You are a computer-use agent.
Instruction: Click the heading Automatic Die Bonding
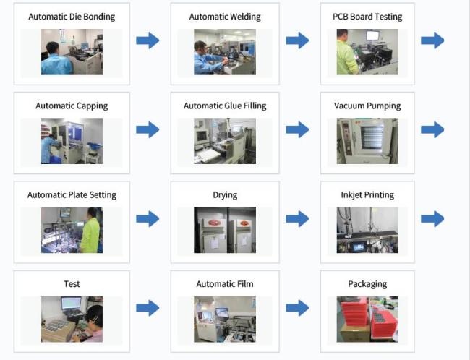pyautogui.click(x=72, y=17)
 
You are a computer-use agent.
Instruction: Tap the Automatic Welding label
pyautogui.click(x=225, y=17)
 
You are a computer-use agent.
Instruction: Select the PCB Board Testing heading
pyautogui.click(x=367, y=17)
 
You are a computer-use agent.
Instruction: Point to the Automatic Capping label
pyautogui.click(x=72, y=106)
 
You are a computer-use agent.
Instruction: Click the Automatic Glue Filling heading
pyautogui.click(x=225, y=106)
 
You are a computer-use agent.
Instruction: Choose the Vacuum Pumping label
pyautogui.click(x=367, y=106)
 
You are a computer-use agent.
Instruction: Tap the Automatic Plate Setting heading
pyautogui.click(x=72, y=194)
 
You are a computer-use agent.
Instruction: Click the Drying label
pyautogui.click(x=225, y=194)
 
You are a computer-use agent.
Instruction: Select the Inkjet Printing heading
pyautogui.click(x=367, y=194)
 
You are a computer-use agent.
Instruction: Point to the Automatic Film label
pyautogui.click(x=225, y=284)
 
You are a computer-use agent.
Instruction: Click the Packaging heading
pyautogui.click(x=367, y=284)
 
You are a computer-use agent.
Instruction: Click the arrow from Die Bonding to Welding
pyautogui.click(x=148, y=40)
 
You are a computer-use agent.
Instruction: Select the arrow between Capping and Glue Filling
pyautogui.click(x=148, y=130)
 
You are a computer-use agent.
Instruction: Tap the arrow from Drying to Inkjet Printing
pyautogui.click(x=297, y=219)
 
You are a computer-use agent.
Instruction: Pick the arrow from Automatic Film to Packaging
pyautogui.click(x=297, y=308)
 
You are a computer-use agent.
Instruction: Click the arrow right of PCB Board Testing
pyautogui.click(x=432, y=40)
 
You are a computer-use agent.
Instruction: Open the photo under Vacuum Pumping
pyautogui.click(x=367, y=140)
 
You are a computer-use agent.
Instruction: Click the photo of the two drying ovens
pyautogui.click(x=225, y=230)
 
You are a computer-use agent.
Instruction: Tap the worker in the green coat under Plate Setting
pyautogui.click(x=90, y=231)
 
